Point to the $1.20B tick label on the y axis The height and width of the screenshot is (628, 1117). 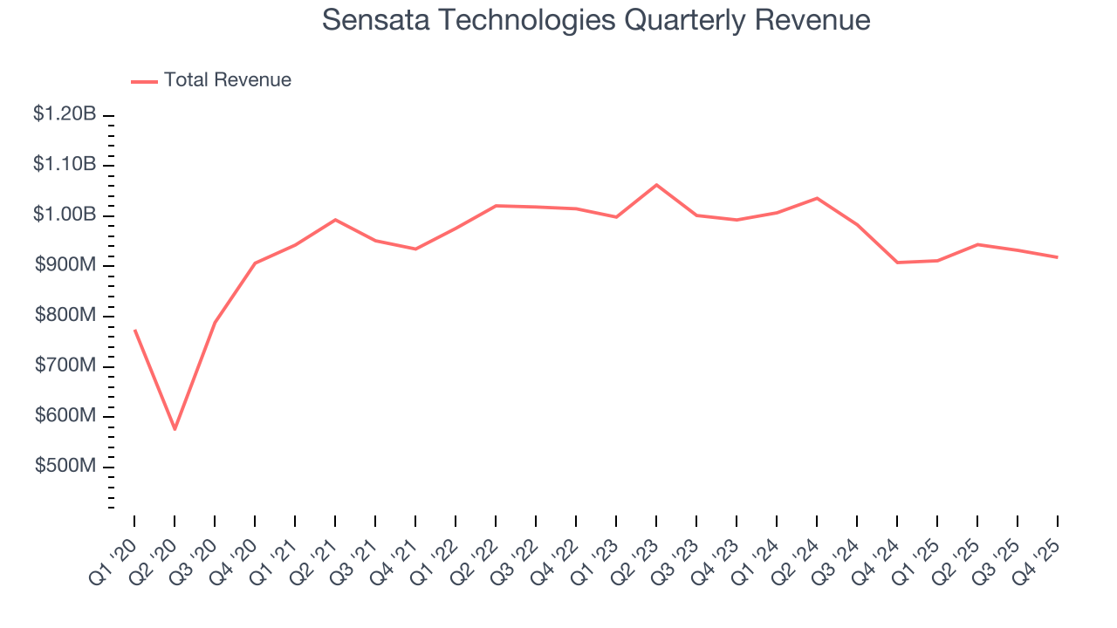pyautogui.click(x=65, y=114)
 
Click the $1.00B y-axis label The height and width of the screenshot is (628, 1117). pyautogui.click(x=65, y=215)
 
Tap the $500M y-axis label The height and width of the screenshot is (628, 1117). pyautogui.click(x=65, y=467)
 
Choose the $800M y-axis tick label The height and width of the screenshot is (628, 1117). pyautogui.click(x=65, y=316)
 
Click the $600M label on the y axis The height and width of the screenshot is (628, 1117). pyautogui.click(x=65, y=416)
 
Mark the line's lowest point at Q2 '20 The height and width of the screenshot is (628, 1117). pyautogui.click(x=175, y=429)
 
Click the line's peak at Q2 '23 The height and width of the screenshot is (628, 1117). pyautogui.click(x=656, y=185)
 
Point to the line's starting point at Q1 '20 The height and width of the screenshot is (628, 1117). pyautogui.click(x=134, y=330)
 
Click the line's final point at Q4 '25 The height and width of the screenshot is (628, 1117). pyautogui.click(x=1058, y=257)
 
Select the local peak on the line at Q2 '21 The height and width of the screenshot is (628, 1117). pyautogui.click(x=335, y=220)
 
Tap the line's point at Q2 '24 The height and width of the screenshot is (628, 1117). pyautogui.click(x=817, y=198)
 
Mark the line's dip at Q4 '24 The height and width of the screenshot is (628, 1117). pyautogui.click(x=897, y=263)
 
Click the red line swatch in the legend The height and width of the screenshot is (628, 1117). pyautogui.click(x=144, y=81)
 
